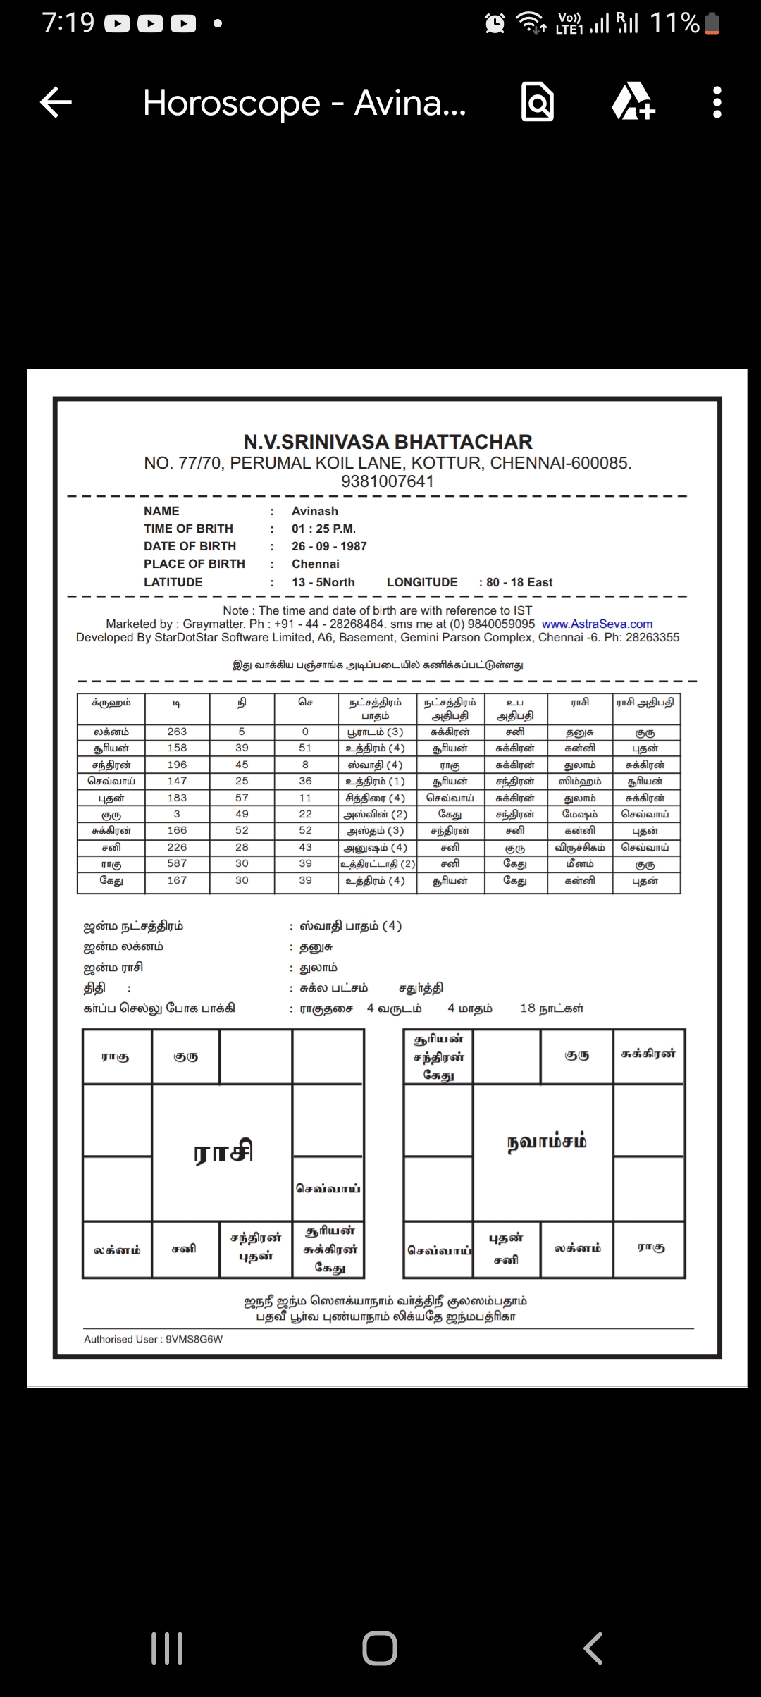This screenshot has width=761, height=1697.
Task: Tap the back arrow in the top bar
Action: pyautogui.click(x=56, y=103)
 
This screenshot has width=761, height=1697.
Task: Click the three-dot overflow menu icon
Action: pyautogui.click(x=717, y=103)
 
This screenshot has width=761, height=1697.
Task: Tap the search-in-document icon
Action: pyautogui.click(x=538, y=103)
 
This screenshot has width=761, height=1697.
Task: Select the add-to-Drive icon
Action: pyautogui.click(x=633, y=103)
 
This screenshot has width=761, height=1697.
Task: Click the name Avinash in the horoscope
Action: pyautogui.click(x=314, y=511)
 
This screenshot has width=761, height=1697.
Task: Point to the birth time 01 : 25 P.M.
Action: pyautogui.click(x=323, y=529)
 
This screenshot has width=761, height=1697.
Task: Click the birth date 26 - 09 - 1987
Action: pyautogui.click(x=329, y=546)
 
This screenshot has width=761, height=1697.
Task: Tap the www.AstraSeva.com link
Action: pyautogui.click(x=597, y=624)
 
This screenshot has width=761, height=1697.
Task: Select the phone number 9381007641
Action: pyautogui.click(x=388, y=481)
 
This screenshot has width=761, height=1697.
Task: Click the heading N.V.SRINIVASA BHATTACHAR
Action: pyautogui.click(x=388, y=442)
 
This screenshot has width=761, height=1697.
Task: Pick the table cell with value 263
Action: pyautogui.click(x=177, y=732)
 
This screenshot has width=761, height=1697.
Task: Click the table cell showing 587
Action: pyautogui.click(x=177, y=863)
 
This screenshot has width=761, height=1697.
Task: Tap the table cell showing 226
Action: pyautogui.click(x=177, y=847)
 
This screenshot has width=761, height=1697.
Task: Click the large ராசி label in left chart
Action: pyautogui.click(x=223, y=1152)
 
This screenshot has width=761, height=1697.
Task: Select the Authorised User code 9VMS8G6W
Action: pyautogui.click(x=194, y=1339)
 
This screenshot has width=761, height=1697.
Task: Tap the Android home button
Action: pyautogui.click(x=380, y=1648)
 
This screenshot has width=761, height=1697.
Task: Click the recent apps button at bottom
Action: pyautogui.click(x=167, y=1648)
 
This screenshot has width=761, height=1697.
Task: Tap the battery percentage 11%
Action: pyautogui.click(x=674, y=23)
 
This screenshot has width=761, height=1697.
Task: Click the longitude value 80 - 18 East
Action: pyautogui.click(x=519, y=582)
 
